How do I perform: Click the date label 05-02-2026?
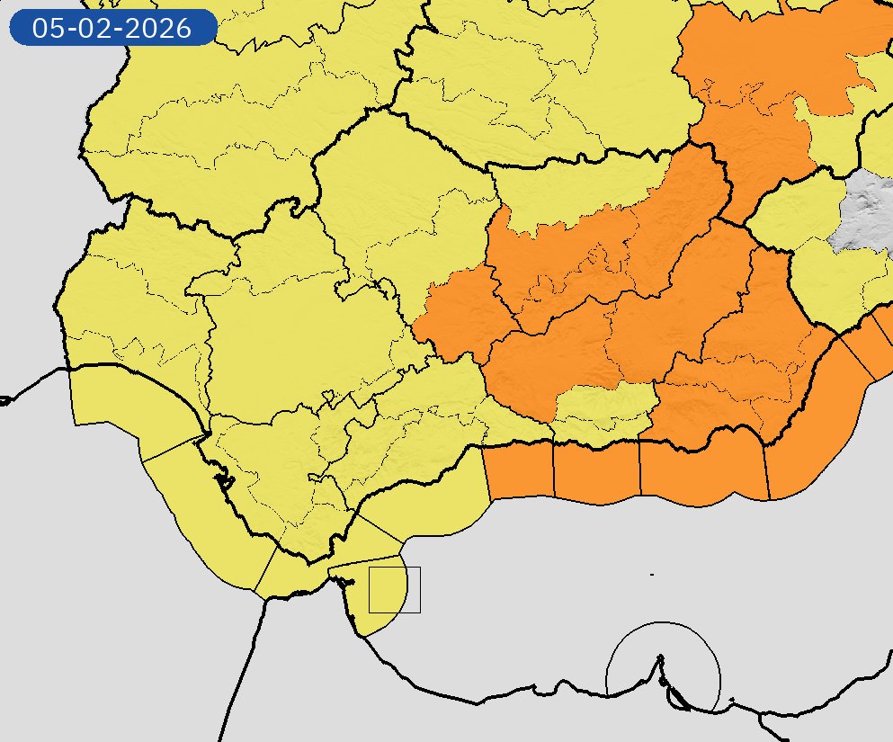[x=112, y=28]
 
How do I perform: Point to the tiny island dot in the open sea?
[x=651, y=574]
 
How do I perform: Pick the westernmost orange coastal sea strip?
[x=518, y=472]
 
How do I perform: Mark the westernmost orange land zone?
[x=459, y=315]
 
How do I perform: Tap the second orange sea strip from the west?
[x=596, y=472]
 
